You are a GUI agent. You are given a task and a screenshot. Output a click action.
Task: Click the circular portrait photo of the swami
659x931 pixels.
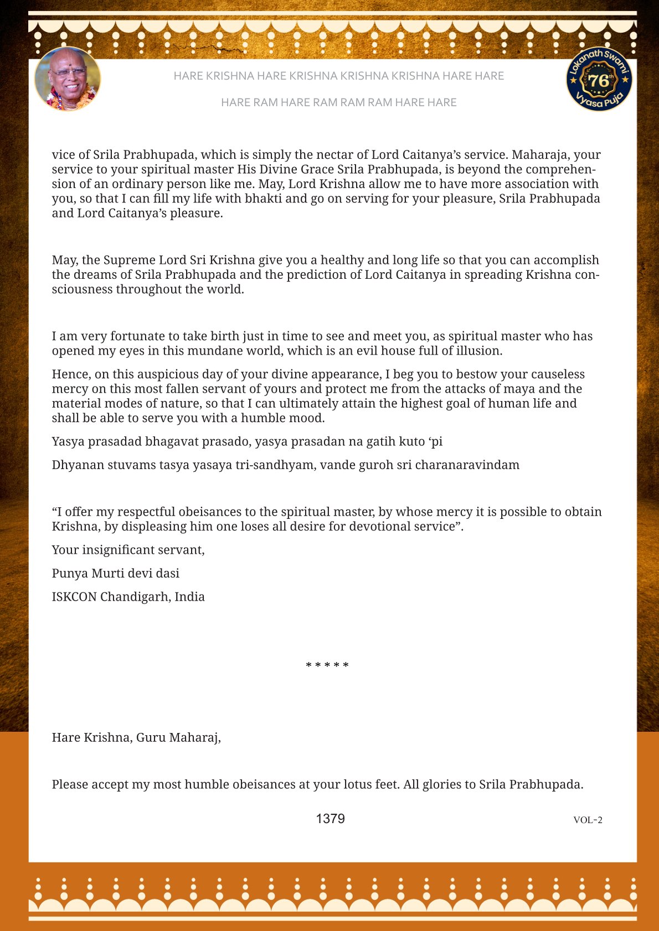click(68, 79)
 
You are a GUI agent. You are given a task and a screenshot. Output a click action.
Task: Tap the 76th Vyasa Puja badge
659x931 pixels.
click(599, 79)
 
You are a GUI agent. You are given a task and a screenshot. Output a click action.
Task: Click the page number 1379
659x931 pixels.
click(330, 819)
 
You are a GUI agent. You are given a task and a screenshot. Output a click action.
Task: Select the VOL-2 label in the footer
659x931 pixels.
click(588, 820)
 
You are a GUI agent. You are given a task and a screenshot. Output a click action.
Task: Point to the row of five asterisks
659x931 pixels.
click(327, 665)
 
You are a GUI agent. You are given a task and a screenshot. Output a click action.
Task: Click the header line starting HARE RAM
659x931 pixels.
click(338, 102)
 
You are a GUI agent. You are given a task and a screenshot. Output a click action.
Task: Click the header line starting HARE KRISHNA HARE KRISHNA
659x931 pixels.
click(338, 76)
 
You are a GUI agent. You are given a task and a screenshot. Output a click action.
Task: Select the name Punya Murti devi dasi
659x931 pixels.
click(116, 573)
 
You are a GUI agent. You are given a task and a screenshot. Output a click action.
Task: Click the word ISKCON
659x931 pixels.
click(74, 597)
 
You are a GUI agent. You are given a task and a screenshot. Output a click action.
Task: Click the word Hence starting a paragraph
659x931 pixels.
click(70, 375)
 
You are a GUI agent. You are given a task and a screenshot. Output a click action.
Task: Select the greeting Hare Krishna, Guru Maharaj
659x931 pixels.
click(136, 737)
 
